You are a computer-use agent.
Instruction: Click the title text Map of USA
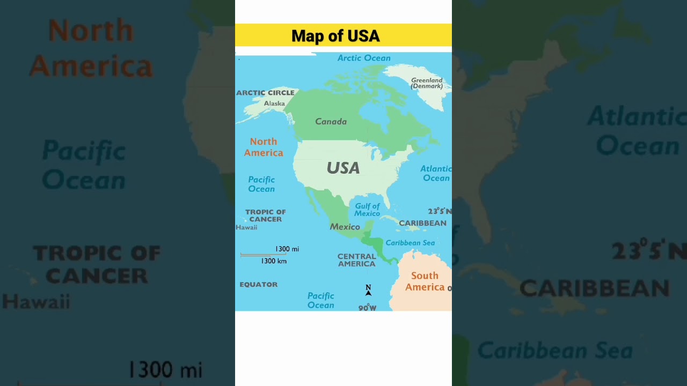(335, 36)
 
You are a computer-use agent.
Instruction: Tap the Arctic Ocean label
(364, 58)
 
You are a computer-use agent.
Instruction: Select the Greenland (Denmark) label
(427, 83)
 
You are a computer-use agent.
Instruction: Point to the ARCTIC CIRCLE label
(265, 93)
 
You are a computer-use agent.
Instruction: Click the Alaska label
(274, 103)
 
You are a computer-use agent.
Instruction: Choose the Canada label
(331, 122)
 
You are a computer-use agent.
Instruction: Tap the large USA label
(343, 168)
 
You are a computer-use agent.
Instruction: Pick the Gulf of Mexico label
(367, 210)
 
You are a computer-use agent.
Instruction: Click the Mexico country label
(345, 227)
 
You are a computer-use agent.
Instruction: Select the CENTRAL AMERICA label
(356, 260)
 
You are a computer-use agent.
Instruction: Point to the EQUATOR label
(258, 285)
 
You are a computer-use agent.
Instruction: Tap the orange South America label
(425, 281)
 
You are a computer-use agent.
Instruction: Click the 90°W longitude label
(367, 308)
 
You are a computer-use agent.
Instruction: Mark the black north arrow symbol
(368, 291)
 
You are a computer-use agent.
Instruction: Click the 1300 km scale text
(274, 261)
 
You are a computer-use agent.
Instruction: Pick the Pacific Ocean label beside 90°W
(320, 300)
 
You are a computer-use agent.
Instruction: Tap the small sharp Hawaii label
(246, 227)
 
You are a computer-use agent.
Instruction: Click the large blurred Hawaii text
(36, 301)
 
